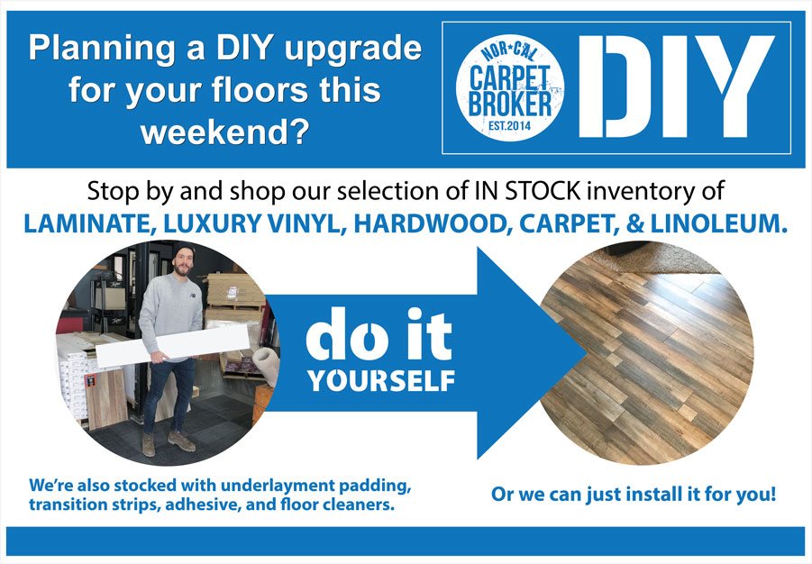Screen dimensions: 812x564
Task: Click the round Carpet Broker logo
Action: point(510,88)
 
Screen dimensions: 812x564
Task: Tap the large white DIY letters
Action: point(676,86)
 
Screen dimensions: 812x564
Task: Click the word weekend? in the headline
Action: point(225,132)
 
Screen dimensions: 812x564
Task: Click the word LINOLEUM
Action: point(719,223)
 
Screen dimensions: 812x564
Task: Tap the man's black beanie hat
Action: point(183,252)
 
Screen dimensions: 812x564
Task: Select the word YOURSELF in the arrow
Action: point(381,381)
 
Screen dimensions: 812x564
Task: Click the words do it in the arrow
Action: point(379,334)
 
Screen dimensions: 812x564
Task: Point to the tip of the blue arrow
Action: point(587,353)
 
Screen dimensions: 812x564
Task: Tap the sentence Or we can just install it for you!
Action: point(634,494)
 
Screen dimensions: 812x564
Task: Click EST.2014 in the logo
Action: point(509,125)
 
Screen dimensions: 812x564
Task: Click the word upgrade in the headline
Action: point(352,50)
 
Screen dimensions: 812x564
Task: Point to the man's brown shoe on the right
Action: point(181,441)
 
